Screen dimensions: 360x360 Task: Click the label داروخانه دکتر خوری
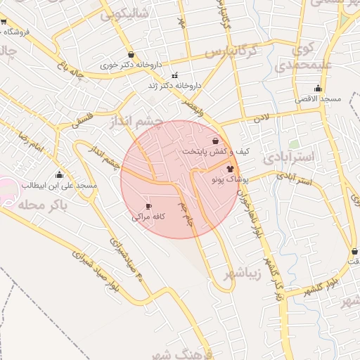point(131,65)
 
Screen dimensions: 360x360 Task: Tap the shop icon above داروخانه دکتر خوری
point(131,54)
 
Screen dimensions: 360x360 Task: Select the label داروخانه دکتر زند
point(174,85)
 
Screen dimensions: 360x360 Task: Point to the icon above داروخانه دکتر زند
point(174,75)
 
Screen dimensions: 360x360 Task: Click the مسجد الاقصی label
point(319,99)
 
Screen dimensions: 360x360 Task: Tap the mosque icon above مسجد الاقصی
point(319,89)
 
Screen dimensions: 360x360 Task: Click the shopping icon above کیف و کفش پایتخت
point(205,141)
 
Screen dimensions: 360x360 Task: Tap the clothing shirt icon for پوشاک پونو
point(230,169)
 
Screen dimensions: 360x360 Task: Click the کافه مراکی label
point(148,217)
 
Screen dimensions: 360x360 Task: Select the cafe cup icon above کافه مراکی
point(148,206)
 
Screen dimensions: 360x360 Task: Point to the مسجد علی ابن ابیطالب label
point(59,186)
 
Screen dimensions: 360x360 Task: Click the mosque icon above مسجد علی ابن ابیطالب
point(59,175)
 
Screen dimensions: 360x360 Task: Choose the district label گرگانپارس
point(239,53)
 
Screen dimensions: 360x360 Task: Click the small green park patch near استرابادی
point(293,144)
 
